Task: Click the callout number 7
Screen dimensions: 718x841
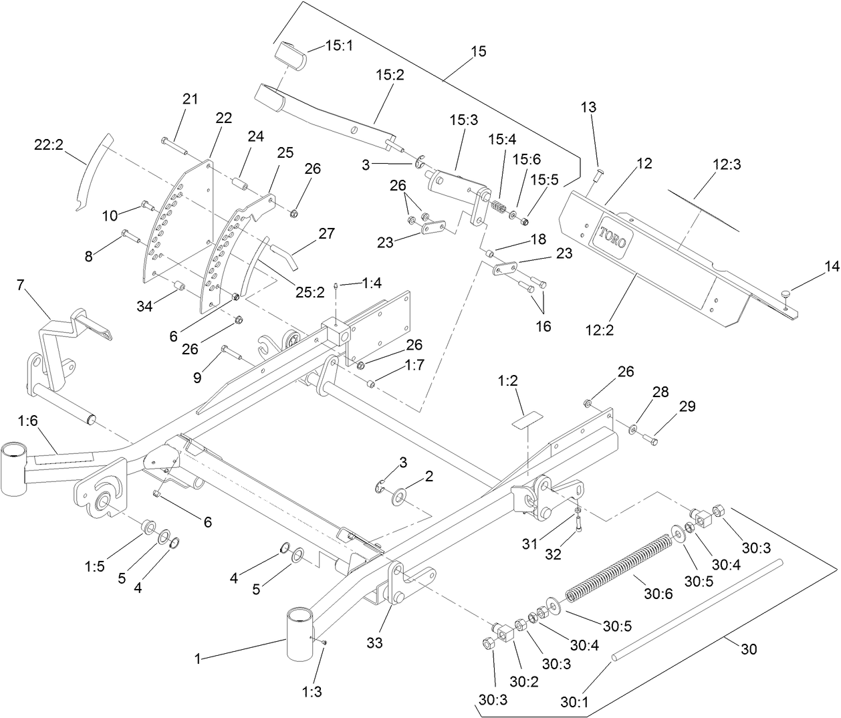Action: pyautogui.click(x=21, y=285)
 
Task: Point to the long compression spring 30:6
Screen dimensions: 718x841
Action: pyautogui.click(x=618, y=562)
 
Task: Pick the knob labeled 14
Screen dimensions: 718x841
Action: pyautogui.click(x=787, y=292)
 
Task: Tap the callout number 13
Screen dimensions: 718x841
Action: pyautogui.click(x=588, y=107)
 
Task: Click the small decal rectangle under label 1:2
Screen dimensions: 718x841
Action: pyautogui.click(x=525, y=422)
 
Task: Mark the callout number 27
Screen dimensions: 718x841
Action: pyautogui.click(x=327, y=233)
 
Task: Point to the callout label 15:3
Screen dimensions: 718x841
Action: pyautogui.click(x=463, y=120)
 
